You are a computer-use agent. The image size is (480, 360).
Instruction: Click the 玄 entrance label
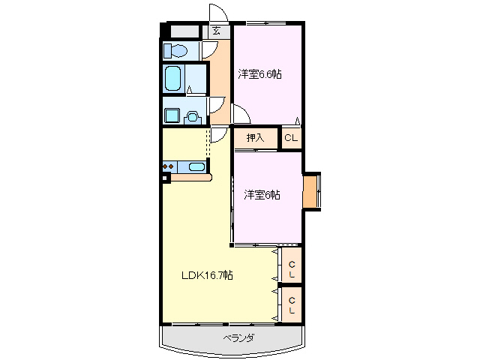coord(216,31)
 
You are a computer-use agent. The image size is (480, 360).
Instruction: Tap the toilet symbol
coord(177,51)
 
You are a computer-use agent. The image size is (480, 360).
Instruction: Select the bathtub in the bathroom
coord(174,79)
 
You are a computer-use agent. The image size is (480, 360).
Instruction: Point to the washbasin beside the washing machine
coord(193,116)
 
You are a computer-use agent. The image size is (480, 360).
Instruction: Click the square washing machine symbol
coord(172,116)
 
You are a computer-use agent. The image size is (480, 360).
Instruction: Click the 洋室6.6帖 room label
coord(260,74)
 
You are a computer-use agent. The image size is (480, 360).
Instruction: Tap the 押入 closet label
coord(256,137)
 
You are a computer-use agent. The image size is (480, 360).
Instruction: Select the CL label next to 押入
coord(291,137)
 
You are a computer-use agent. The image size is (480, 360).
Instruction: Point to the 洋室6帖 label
coord(262,195)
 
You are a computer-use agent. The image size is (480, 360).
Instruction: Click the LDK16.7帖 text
coord(207,275)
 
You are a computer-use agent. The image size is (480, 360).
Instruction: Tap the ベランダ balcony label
coord(238,337)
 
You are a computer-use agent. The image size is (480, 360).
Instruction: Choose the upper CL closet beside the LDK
coord(292,266)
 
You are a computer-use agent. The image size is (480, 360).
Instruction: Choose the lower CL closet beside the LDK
coord(292,304)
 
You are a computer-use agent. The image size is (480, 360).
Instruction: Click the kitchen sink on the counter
coord(196,167)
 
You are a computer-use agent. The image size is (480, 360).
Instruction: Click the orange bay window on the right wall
coord(310,190)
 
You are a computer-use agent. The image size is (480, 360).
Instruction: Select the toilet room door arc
coord(209,49)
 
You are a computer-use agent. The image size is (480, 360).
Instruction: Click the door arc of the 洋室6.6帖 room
coord(241,115)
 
